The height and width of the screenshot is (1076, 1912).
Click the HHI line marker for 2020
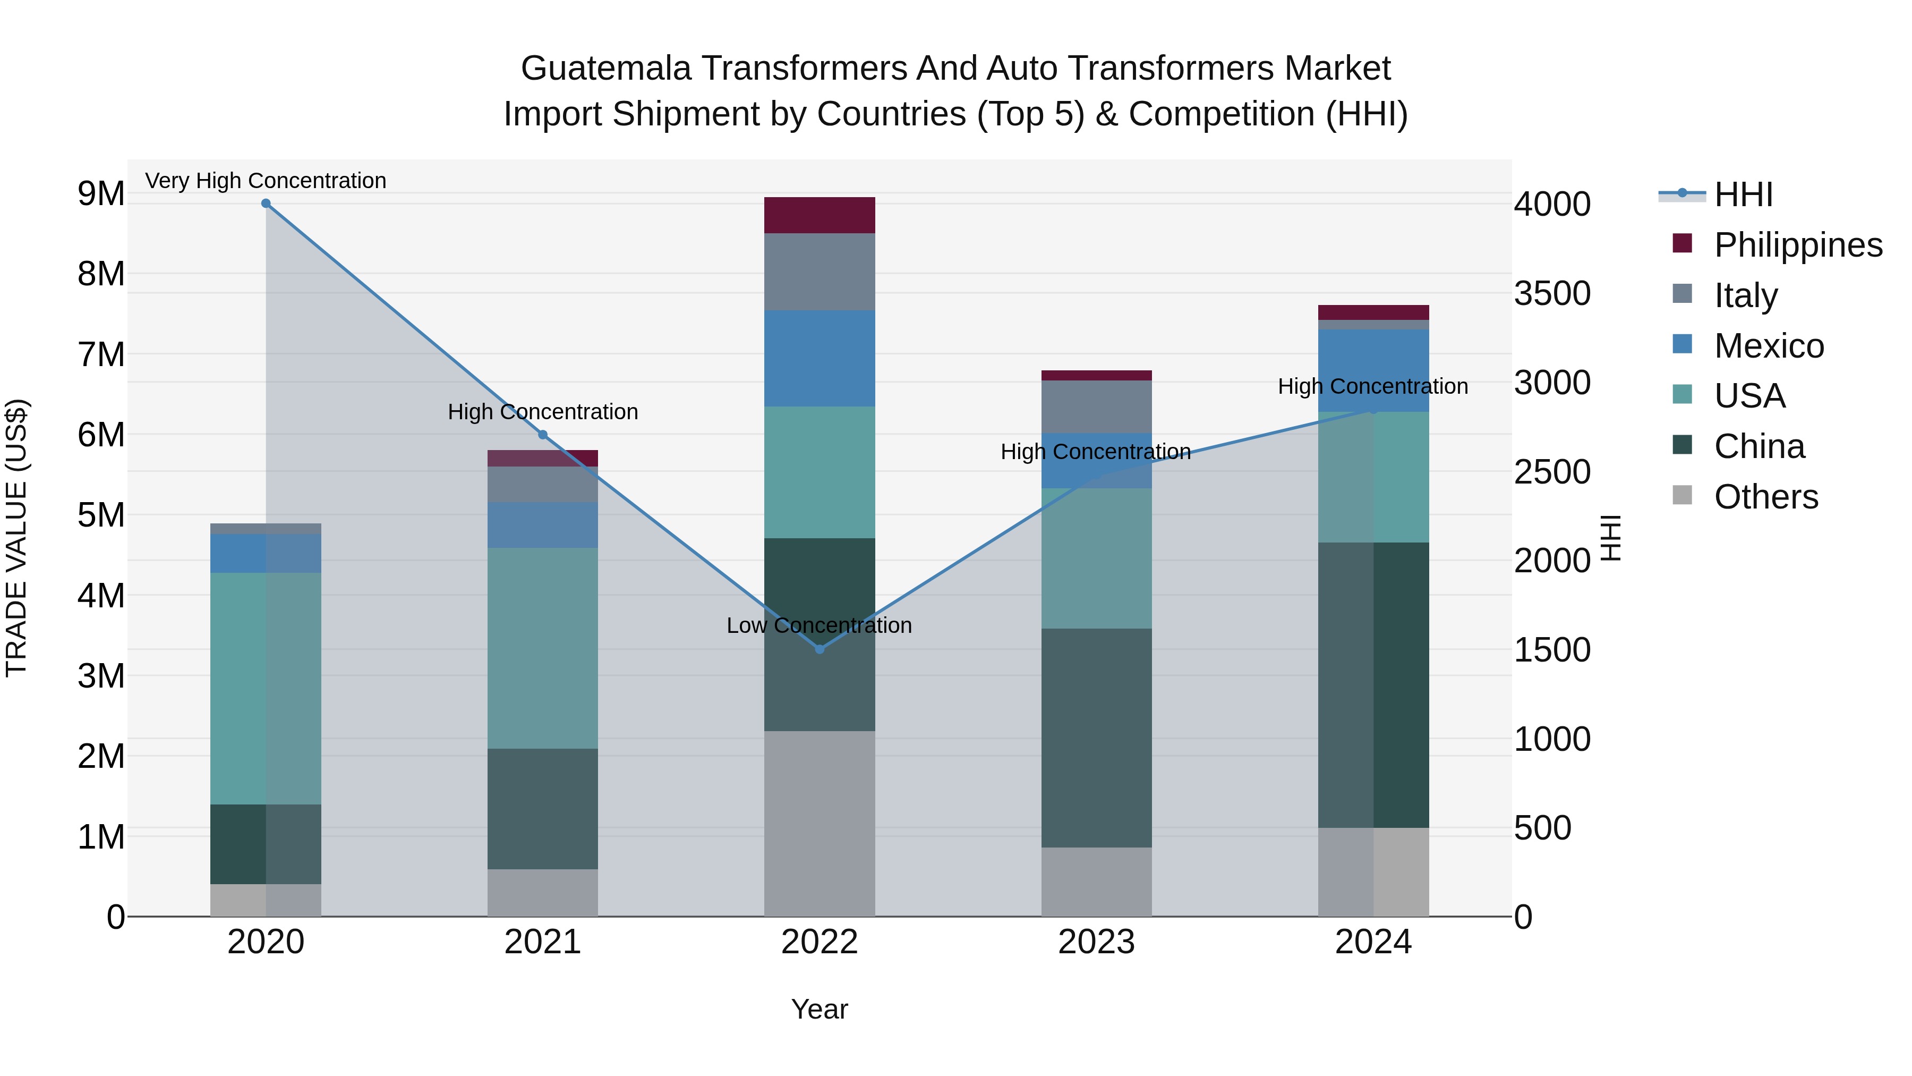[266, 204]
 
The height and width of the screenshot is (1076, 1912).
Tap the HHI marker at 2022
[820, 649]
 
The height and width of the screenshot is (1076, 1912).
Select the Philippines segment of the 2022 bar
[820, 215]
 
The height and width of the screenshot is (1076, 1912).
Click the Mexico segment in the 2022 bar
[820, 358]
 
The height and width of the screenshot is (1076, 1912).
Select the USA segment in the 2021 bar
[543, 648]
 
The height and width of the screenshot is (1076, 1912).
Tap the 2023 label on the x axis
[1096, 942]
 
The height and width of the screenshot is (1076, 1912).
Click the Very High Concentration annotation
[266, 181]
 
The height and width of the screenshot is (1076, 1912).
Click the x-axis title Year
[820, 1009]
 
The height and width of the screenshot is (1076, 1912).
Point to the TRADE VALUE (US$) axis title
[16, 538]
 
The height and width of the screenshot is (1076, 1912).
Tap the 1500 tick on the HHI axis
[1552, 650]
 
